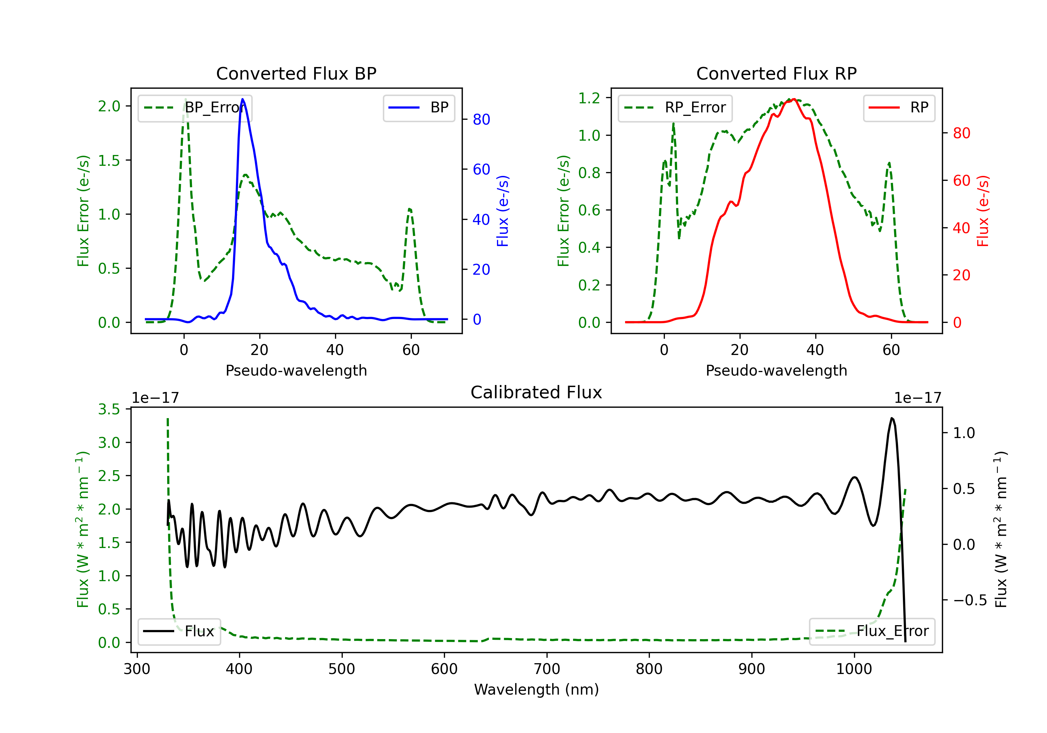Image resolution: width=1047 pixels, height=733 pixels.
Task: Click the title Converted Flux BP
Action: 296,73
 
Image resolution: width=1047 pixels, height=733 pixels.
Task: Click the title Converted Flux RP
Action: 776,73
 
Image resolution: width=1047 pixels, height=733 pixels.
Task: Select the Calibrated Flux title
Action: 536,392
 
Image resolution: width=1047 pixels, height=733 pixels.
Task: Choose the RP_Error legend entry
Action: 675,108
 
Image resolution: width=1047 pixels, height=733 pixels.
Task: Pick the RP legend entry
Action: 899,108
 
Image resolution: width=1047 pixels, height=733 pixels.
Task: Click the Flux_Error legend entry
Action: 872,631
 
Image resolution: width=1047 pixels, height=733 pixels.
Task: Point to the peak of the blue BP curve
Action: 243,99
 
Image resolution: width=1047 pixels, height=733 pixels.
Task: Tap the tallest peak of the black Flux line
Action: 891,418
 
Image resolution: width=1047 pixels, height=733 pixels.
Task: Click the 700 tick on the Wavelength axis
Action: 547,669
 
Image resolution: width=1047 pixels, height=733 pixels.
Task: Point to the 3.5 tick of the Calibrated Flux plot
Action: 109,409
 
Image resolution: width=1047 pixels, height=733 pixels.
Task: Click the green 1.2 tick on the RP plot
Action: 589,98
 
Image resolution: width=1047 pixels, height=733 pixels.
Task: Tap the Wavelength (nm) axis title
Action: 536,690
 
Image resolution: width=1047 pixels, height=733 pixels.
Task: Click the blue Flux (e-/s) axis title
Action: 503,211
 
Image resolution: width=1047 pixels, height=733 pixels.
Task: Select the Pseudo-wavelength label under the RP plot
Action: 776,370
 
